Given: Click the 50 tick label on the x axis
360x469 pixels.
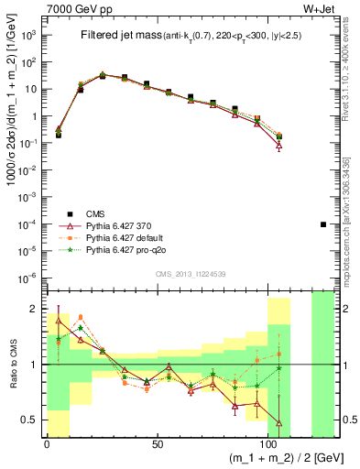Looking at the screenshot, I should click(158, 444).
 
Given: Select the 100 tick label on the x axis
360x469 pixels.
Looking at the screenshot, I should click(268, 444).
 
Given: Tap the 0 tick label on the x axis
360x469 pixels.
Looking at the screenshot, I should click(47, 444).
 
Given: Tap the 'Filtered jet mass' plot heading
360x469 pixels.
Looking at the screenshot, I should click(120, 36).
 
